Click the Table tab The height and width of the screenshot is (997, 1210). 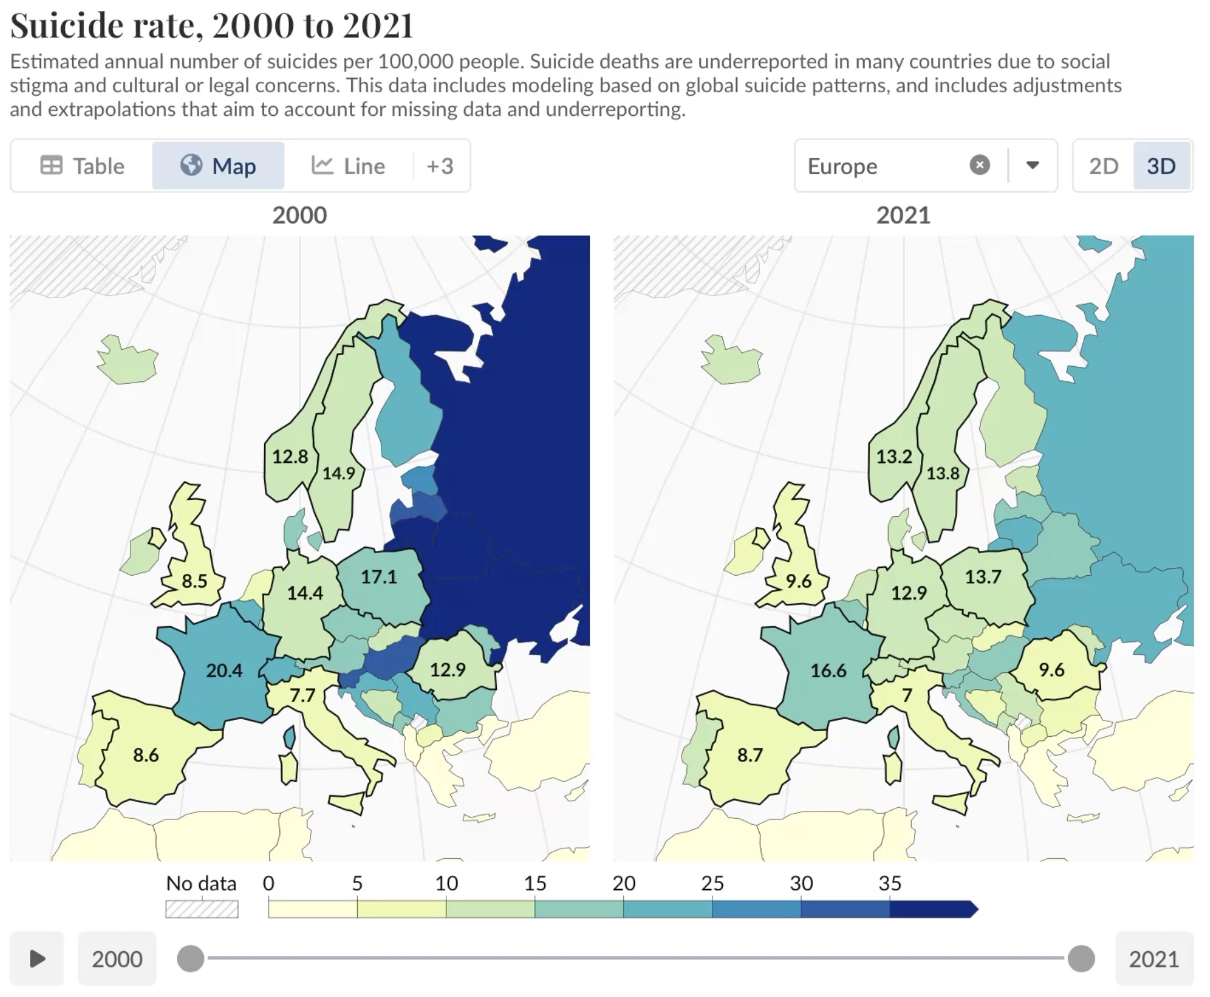click(83, 166)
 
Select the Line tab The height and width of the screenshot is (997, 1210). click(348, 166)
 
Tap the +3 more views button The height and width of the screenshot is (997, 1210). click(440, 166)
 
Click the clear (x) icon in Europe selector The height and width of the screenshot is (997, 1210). click(979, 165)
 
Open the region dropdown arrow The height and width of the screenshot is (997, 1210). click(1032, 165)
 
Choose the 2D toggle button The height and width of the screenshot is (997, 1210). click(1103, 166)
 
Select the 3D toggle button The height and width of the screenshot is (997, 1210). click(1161, 166)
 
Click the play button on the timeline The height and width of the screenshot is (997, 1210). click(37, 958)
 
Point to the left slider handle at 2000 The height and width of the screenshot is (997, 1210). click(191, 958)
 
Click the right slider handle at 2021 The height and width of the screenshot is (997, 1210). click(1081, 958)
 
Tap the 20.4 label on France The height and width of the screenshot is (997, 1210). click(224, 670)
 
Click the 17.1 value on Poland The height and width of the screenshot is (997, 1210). click(379, 576)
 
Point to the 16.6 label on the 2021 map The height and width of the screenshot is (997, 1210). click(829, 670)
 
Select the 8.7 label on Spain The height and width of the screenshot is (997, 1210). click(750, 755)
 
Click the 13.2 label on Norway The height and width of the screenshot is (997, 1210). click(894, 456)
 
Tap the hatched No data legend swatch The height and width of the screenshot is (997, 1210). click(201, 909)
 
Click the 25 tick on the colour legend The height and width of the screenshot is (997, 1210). click(712, 883)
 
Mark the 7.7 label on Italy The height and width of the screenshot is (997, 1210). click(303, 694)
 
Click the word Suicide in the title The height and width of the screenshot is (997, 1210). click(66, 26)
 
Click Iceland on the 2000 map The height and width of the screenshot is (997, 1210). click(128, 360)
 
